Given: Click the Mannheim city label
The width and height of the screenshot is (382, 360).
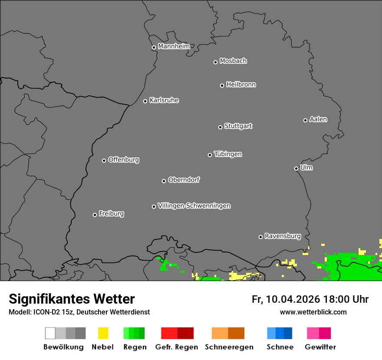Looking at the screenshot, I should pyautogui.click(x=174, y=46).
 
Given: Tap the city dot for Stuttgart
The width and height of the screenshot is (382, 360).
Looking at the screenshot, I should pyautogui.click(x=220, y=127).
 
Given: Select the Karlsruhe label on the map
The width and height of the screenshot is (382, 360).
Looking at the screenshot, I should pyautogui.click(x=164, y=100).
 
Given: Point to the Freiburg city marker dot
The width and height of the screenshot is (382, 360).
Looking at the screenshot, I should pyautogui.click(x=95, y=215).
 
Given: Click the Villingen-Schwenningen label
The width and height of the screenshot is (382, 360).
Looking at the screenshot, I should pyautogui.click(x=194, y=206).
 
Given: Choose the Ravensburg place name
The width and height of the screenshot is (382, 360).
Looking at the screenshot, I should pyautogui.click(x=283, y=236).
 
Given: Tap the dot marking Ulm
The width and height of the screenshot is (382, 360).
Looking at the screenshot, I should pyautogui.click(x=296, y=168).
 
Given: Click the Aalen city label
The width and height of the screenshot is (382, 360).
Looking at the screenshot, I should pyautogui.click(x=318, y=119).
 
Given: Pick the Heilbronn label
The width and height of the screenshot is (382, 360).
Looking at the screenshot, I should pyautogui.click(x=241, y=85).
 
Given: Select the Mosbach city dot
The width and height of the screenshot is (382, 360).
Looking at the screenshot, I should pyautogui.click(x=215, y=62).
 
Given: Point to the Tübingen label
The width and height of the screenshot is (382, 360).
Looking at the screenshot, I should pyautogui.click(x=228, y=154).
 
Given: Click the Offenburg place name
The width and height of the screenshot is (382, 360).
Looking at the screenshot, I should pyautogui.click(x=123, y=160).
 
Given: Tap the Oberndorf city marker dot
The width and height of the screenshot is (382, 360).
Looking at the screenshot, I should pyautogui.click(x=164, y=181).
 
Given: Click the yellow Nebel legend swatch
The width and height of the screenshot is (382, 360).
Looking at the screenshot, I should pyautogui.click(x=103, y=333).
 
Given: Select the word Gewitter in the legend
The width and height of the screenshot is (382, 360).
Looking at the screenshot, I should pyautogui.click(x=320, y=347).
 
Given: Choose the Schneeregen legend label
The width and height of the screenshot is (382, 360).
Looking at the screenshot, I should pyautogui.click(x=229, y=347).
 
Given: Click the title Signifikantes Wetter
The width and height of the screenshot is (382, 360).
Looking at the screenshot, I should pyautogui.click(x=72, y=299).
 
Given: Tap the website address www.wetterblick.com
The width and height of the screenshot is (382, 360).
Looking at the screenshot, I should pyautogui.click(x=313, y=312).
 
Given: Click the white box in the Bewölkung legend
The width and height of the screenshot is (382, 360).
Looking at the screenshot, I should pyautogui.click(x=50, y=333).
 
